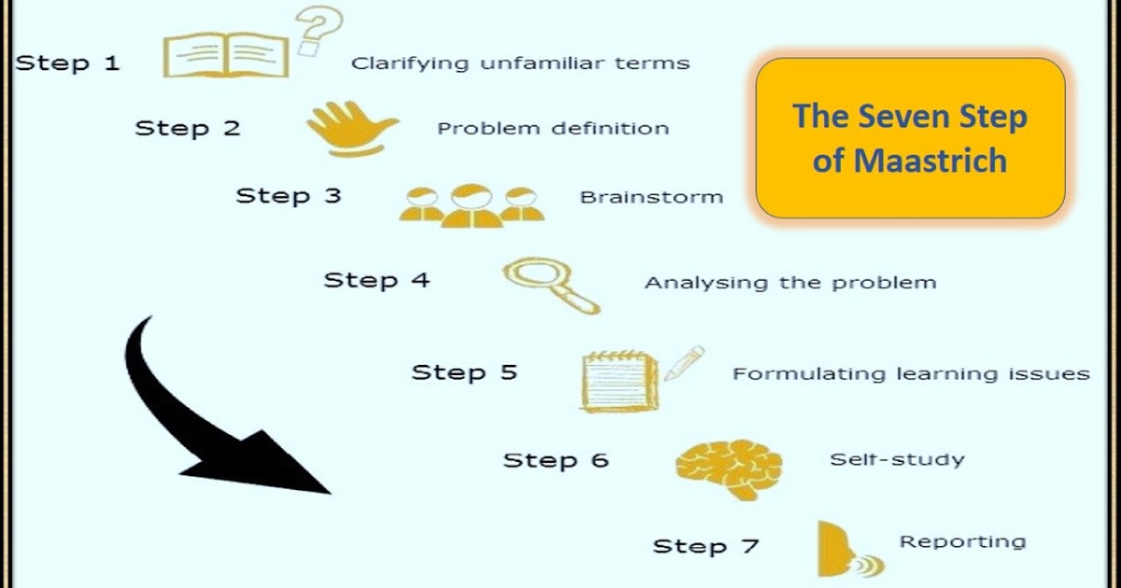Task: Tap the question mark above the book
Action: [319, 30]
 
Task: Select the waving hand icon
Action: [351, 129]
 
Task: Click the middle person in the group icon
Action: [471, 203]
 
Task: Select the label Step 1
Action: [67, 63]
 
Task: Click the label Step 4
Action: [376, 279]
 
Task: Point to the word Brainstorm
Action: [651, 197]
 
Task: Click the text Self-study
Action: [897, 459]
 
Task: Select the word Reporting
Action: [962, 541]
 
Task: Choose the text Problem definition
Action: [553, 128]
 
